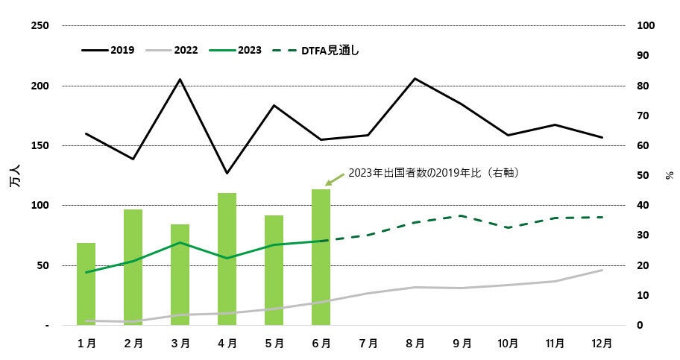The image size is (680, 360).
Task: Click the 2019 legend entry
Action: click(108, 50)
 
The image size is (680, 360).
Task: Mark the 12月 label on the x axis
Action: click(602, 344)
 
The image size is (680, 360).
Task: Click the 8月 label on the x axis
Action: click(415, 344)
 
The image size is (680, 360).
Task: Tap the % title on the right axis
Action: click(669, 176)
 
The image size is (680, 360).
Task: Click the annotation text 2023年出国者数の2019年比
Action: click(433, 172)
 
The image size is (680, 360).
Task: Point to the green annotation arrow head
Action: click(327, 183)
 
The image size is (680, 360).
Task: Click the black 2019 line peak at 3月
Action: click(180, 79)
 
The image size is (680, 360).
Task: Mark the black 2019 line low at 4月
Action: click(227, 174)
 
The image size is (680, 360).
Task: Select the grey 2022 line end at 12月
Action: click(602, 270)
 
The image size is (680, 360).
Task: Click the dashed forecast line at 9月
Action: click(462, 216)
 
